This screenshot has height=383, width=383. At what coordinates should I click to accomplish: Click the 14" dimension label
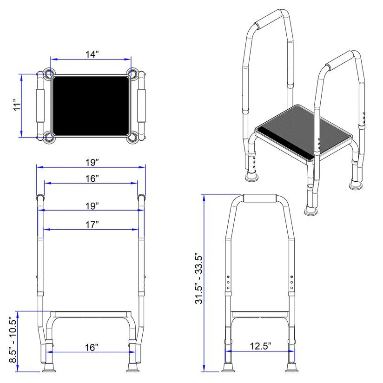(92, 54)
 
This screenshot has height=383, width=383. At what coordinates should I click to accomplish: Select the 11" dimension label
(17, 105)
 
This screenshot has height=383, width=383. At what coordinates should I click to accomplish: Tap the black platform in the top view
(91, 106)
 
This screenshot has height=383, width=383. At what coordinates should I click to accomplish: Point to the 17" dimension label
(92, 225)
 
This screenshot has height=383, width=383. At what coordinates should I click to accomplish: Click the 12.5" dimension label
(260, 346)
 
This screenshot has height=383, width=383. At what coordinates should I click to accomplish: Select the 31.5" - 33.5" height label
(199, 280)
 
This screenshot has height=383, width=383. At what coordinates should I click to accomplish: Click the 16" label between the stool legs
(92, 347)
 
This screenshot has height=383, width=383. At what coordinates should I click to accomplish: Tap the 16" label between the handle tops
(92, 178)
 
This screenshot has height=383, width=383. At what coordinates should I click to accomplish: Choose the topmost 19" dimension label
(92, 162)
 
